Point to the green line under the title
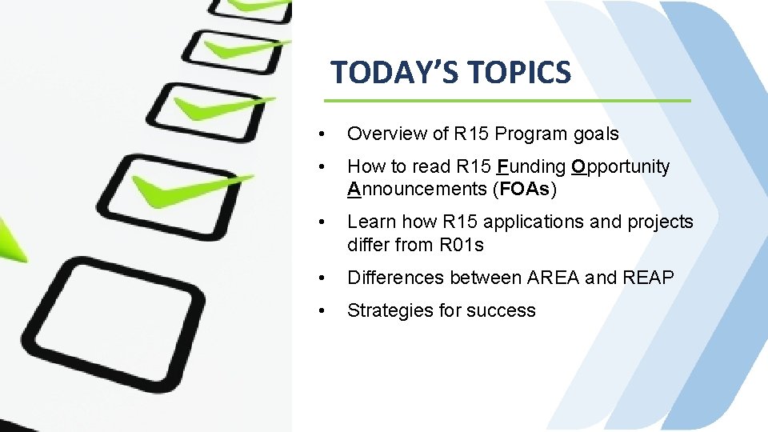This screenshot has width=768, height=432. pos(506,101)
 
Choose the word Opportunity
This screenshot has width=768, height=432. pos(621,166)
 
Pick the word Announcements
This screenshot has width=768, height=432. pos(417,190)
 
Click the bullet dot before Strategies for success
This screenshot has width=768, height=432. pos(320,310)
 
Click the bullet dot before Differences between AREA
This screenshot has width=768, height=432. pos(320,278)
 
